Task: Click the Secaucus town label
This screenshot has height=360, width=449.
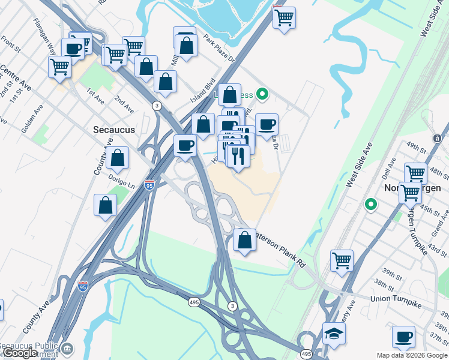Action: click(115, 130)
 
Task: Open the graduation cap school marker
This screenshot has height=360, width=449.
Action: click(334, 334)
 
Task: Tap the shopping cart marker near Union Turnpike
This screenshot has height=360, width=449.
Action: click(342, 260)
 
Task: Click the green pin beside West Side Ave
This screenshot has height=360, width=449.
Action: click(371, 205)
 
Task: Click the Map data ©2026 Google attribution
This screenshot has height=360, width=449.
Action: click(412, 355)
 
